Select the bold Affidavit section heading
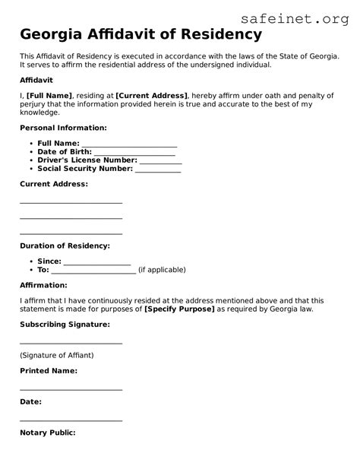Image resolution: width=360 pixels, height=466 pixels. pyautogui.click(x=36, y=79)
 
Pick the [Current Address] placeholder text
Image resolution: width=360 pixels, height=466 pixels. pyautogui.click(x=151, y=95)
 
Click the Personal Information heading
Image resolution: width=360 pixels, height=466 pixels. pyautogui.click(x=63, y=128)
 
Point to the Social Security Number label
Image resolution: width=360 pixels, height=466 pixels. pyautogui.click(x=85, y=169)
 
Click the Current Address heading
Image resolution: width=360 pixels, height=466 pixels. pyautogui.click(x=53, y=184)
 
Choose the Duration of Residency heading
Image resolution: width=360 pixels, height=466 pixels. pyautogui.click(x=65, y=246)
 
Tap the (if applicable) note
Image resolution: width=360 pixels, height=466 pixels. pyautogui.click(x=162, y=270)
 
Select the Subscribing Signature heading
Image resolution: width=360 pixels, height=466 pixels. pyautogui.click(x=65, y=325)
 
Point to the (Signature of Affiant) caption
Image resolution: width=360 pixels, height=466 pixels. pyautogui.click(x=57, y=356)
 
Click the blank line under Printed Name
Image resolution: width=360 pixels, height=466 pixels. pyautogui.click(x=71, y=388)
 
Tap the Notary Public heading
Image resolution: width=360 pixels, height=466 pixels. pyautogui.click(x=47, y=433)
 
